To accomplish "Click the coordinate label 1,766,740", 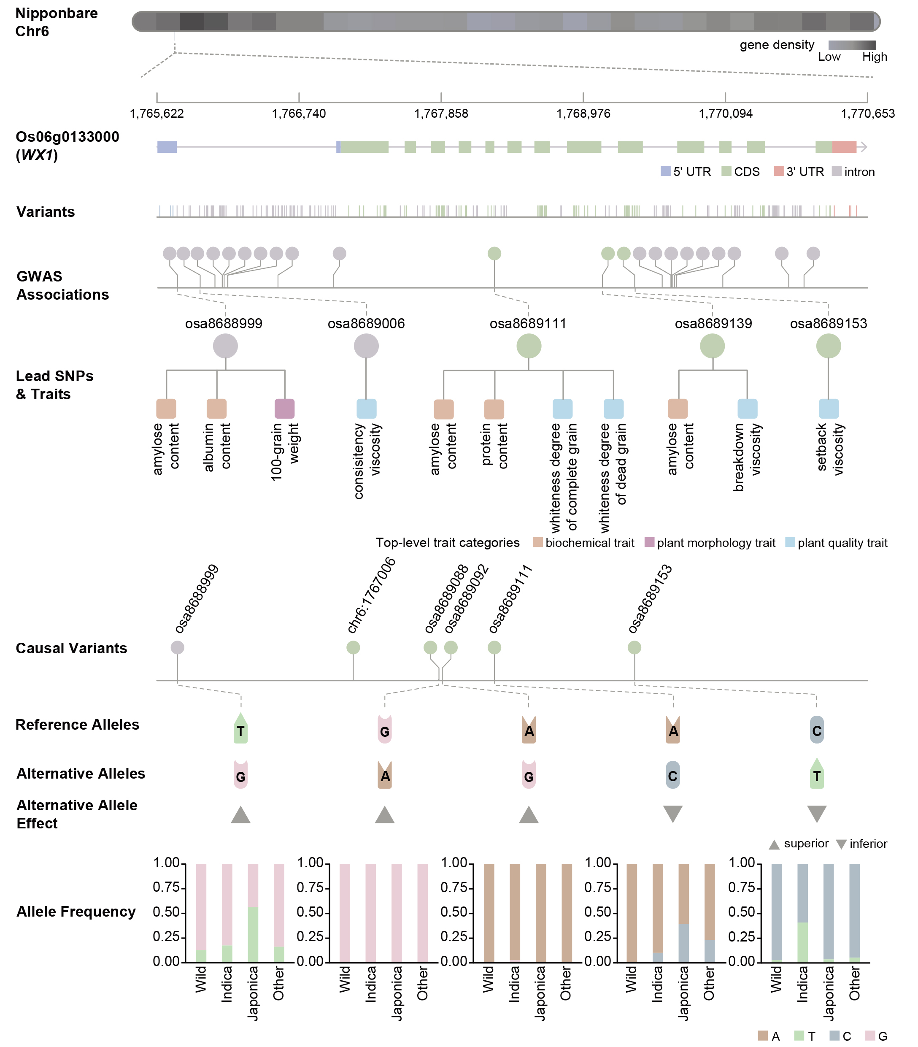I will pyautogui.click(x=299, y=114).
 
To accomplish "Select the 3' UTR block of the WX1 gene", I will pyautogui.click(x=844, y=147).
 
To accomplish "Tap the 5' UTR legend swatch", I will pyautogui.click(x=665, y=171).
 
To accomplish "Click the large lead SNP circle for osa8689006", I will pyautogui.click(x=366, y=346).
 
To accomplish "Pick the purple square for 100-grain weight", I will pyautogui.click(x=285, y=409).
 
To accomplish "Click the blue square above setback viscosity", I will pyautogui.click(x=829, y=409).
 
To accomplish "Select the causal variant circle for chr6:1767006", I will pyautogui.click(x=353, y=647).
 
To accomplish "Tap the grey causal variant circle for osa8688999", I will pyautogui.click(x=177, y=647).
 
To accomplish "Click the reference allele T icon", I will pyautogui.click(x=240, y=728).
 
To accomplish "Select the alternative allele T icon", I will pyautogui.click(x=817, y=774).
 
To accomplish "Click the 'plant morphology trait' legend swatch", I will pyautogui.click(x=649, y=542).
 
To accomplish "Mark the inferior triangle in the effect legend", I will pyautogui.click(x=840, y=844).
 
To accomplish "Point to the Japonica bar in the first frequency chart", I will pyautogui.click(x=253, y=913).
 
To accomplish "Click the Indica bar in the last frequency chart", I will pyautogui.click(x=803, y=913).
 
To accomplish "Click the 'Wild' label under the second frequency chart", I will pyautogui.click(x=345, y=979).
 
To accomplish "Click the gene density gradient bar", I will pyautogui.click(x=851, y=45).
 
